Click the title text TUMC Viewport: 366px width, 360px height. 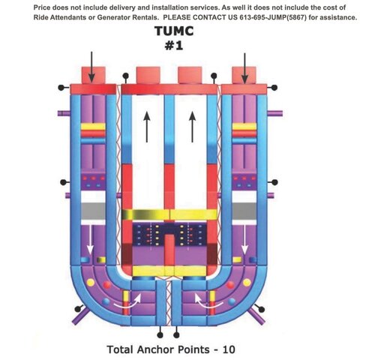pos(174,31)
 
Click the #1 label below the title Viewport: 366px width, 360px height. pos(174,46)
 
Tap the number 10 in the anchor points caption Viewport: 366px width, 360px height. pos(229,349)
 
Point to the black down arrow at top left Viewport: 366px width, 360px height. pos(91,67)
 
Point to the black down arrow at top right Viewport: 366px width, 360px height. pos(244,68)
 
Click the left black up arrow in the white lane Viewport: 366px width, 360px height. pos(147,127)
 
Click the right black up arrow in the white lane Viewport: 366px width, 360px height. pos(192,127)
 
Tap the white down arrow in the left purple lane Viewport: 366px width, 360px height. pos(90,239)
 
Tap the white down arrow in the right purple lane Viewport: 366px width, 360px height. pos(244,239)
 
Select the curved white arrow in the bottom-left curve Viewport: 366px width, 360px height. pos(127,301)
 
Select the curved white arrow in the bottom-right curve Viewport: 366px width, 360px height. pos(208,301)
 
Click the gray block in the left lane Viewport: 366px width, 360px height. pos(93,211)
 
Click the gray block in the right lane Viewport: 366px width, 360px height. pos(244,211)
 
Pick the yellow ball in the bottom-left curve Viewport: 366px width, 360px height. pos(91,283)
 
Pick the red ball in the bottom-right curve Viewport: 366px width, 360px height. pos(230,285)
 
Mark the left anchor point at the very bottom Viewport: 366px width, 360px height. pos(160,335)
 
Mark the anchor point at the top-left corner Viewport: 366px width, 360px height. pos(61,88)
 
